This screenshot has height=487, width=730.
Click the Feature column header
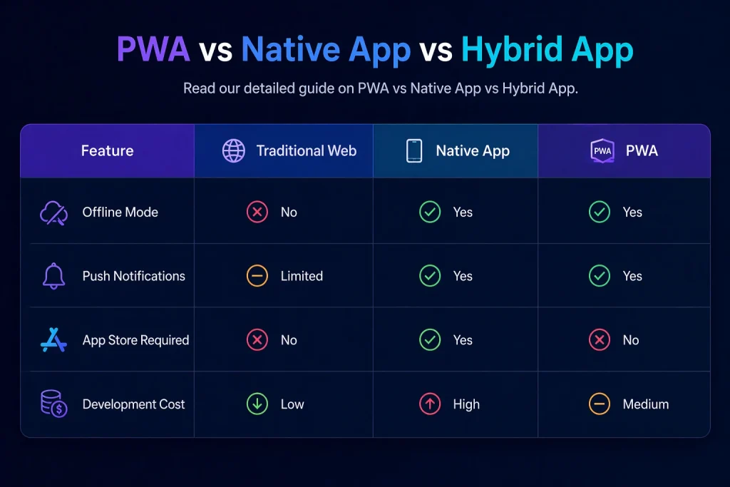tap(107, 151)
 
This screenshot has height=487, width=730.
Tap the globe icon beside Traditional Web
tap(234, 151)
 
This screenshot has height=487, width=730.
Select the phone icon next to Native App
tap(414, 151)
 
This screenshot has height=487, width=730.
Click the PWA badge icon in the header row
tap(602, 151)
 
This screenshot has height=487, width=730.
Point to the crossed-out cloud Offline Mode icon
tap(53, 212)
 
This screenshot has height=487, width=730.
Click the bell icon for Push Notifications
tap(53, 276)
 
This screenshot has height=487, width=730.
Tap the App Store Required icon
tap(53, 340)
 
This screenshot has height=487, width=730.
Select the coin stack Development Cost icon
tap(53, 404)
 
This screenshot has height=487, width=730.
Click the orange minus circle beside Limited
tap(257, 276)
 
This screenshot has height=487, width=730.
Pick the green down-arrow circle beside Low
tap(257, 404)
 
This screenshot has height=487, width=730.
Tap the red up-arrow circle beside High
tap(430, 404)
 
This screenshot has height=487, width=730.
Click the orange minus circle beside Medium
tap(600, 404)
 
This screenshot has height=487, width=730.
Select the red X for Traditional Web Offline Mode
tap(257, 212)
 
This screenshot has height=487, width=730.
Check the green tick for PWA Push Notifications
tap(600, 276)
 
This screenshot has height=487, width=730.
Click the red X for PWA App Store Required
tap(600, 340)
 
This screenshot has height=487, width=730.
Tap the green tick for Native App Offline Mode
tap(430, 212)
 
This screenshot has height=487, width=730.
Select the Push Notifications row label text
tap(134, 276)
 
